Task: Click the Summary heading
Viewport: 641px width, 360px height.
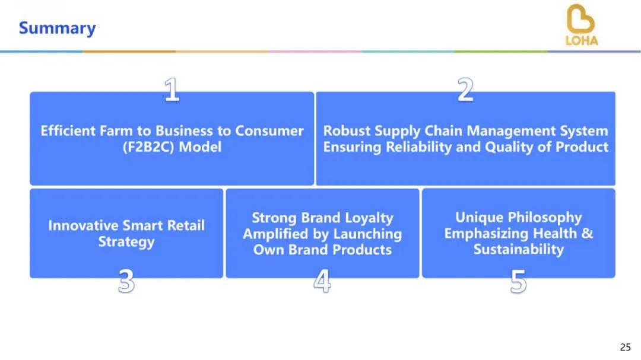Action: [57, 28]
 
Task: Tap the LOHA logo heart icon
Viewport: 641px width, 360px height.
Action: [580, 20]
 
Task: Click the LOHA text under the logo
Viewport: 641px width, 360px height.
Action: [582, 41]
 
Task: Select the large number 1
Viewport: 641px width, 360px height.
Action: [172, 90]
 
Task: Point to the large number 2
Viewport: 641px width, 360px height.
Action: [466, 90]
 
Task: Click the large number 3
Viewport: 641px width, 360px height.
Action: [126, 282]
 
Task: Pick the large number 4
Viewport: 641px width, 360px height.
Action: [322, 282]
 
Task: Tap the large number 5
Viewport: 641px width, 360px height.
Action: [518, 282]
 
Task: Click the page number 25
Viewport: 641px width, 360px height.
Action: [625, 347]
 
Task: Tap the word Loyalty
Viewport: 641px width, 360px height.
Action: [369, 218]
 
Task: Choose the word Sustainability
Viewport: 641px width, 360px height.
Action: [518, 250]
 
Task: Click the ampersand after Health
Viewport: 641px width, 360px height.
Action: [587, 233]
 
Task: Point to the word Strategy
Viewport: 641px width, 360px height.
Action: [126, 242]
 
